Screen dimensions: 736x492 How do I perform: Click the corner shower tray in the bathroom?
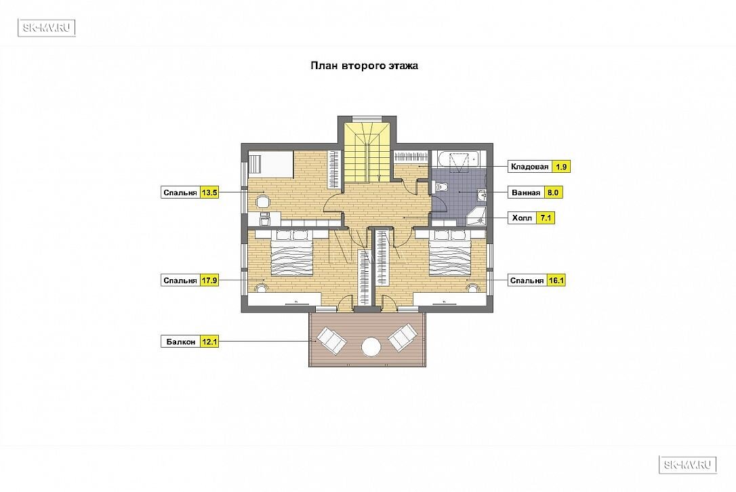476,216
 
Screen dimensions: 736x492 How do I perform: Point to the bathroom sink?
482,194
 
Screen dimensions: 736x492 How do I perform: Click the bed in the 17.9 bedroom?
291,252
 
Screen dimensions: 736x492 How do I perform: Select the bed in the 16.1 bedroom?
451,252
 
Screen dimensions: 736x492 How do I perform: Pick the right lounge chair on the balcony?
403,337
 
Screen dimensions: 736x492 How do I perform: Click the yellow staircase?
367,150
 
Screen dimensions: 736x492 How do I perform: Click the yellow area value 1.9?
561,167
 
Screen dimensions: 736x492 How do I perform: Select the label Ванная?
526,192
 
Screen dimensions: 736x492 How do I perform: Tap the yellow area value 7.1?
546,218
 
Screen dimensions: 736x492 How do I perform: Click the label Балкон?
181,342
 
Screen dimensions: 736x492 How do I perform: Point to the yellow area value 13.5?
209,192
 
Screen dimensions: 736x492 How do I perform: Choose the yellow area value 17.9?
209,281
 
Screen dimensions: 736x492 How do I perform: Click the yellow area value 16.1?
556,281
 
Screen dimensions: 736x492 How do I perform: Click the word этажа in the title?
403,66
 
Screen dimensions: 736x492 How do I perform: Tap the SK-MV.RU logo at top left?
47,28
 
